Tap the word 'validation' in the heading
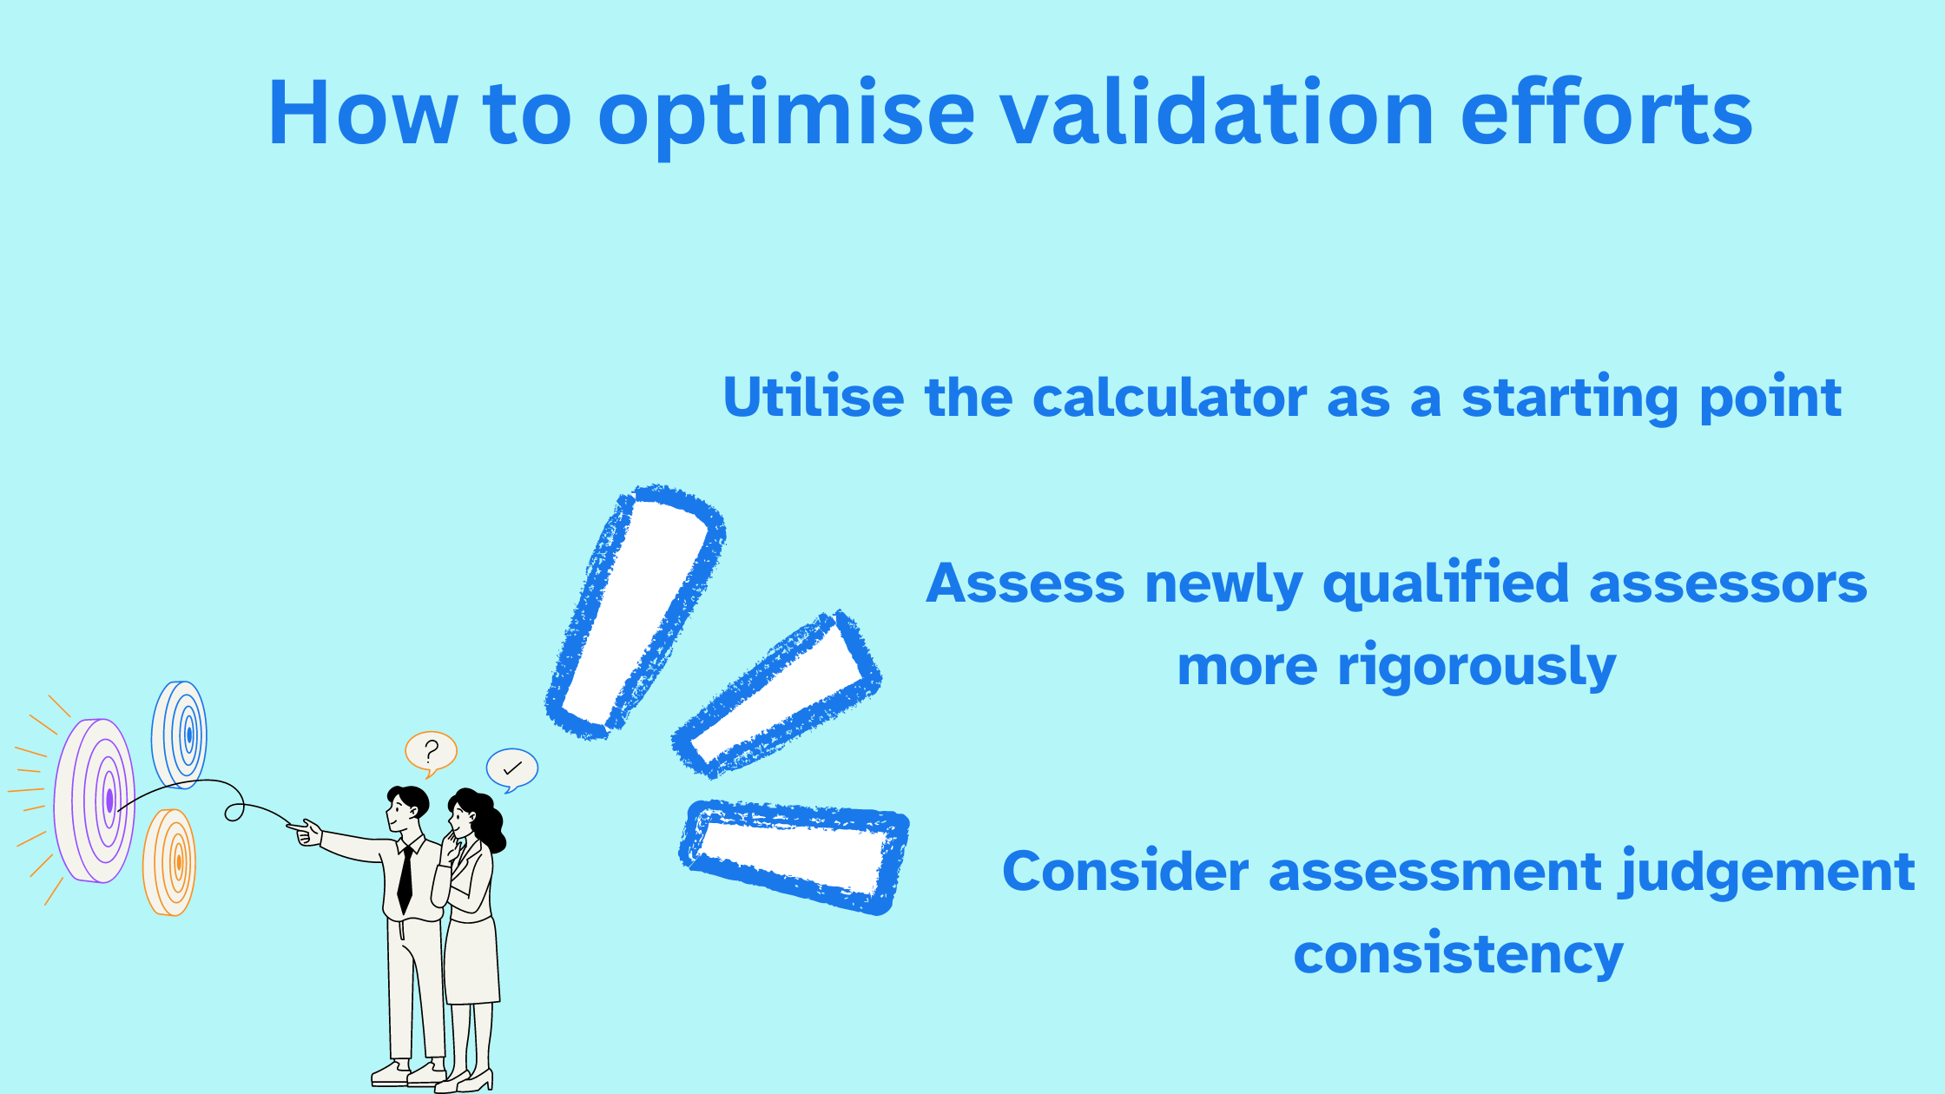point(1218,112)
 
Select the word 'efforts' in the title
point(1606,112)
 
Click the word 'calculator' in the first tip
point(1170,398)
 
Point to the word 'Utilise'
point(814,398)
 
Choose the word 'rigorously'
point(1476,667)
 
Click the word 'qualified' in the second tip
point(1446,584)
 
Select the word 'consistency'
point(1458,954)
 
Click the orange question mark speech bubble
point(431,753)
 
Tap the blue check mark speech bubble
point(512,769)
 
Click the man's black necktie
point(405,879)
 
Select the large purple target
point(94,801)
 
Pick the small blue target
point(180,735)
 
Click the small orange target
point(169,862)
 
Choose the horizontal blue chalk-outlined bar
point(794,857)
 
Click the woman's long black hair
point(483,817)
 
